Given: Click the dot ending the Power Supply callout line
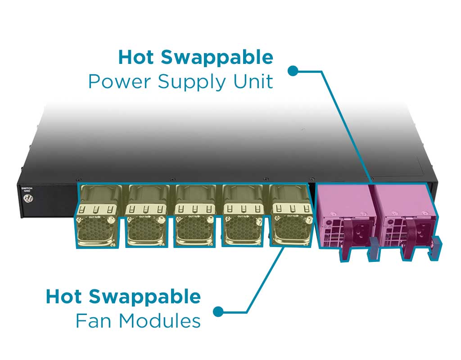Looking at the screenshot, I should (x=293, y=71).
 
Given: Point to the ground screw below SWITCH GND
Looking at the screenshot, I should (x=29, y=201).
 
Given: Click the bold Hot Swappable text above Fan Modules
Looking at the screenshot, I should (x=123, y=297).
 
